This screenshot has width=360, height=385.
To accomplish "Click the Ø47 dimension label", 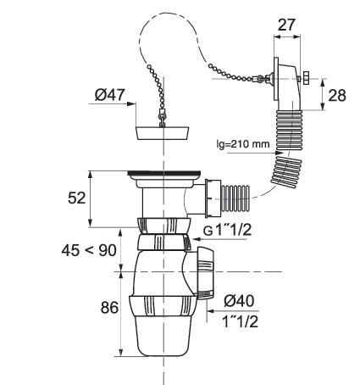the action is tap(109, 95).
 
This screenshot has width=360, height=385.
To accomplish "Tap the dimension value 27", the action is tap(286, 25).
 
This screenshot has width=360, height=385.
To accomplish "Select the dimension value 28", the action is tap(337, 95).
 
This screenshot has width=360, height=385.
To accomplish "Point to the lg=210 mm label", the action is tap(243, 144).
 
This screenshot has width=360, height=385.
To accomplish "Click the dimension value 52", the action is tap(76, 198).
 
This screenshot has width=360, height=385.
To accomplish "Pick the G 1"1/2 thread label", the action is tap(227, 231).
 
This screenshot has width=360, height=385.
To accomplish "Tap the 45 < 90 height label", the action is tap(89, 250).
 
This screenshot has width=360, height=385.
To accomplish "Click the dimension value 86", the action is tap(109, 307).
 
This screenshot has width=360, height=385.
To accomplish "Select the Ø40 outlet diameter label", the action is tap(239, 300).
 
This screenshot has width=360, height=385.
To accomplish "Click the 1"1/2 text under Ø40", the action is tap(240, 321).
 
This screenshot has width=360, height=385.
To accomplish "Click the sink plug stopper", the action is tap(163, 133).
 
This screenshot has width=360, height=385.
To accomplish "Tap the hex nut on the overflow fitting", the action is tap(306, 78).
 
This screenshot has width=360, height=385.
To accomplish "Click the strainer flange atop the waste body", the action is tap(164, 175).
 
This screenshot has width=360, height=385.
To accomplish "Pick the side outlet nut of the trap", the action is tap(206, 273).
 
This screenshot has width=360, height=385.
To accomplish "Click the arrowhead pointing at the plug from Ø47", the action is tap(131, 103).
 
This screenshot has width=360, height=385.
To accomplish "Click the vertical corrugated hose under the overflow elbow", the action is tap(289, 130).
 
